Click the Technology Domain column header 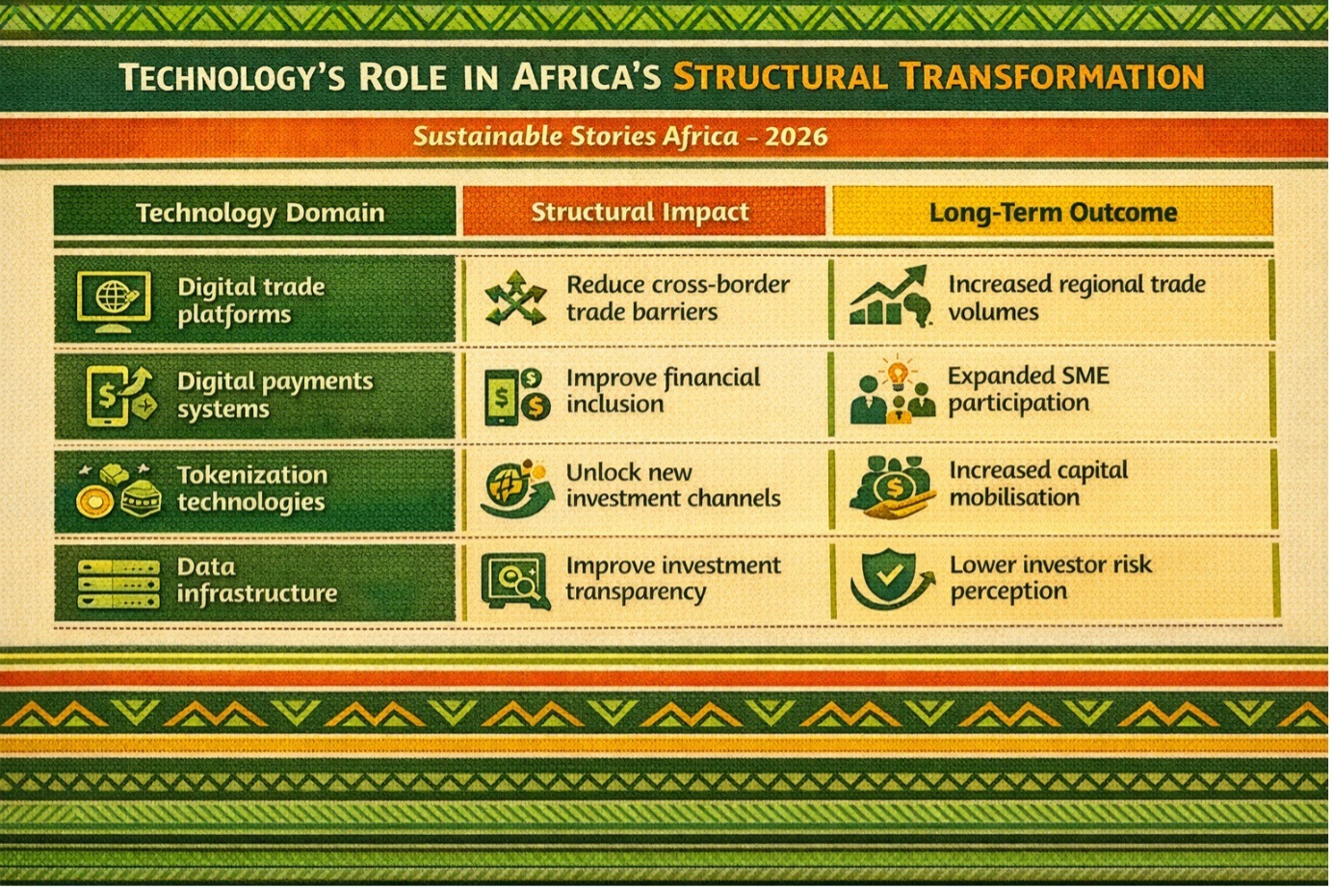click(260, 213)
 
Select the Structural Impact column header click(640, 212)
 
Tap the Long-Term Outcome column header click(1053, 213)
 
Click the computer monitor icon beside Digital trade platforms click(113, 301)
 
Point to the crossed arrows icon click(515, 298)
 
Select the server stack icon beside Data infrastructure click(118, 584)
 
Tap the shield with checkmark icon click(889, 578)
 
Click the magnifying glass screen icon click(515, 582)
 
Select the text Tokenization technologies click(252, 488)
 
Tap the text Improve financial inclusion click(663, 390)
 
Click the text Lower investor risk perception click(1051, 578)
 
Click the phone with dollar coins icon click(516, 397)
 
